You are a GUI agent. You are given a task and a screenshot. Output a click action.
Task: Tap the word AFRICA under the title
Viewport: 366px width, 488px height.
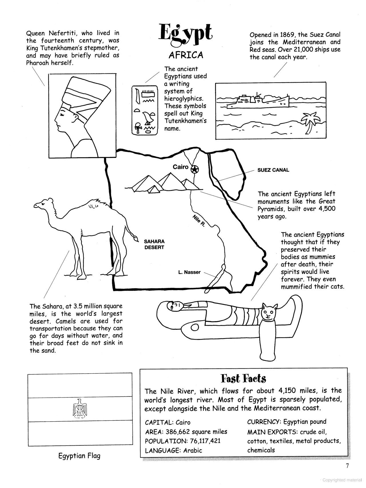click(186, 55)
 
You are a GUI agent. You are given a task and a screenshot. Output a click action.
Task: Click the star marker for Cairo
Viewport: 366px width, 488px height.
click(195, 169)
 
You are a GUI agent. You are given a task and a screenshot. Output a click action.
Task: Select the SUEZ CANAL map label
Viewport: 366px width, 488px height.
click(273, 170)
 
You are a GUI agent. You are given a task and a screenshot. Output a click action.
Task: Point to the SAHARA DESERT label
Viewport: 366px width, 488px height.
click(154, 244)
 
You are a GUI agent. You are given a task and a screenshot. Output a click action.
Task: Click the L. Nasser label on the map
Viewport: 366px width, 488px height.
click(189, 272)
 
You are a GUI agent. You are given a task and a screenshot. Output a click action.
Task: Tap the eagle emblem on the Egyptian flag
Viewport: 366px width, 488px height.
click(80, 408)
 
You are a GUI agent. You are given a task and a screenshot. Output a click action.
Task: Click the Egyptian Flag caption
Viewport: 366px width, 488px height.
click(79, 456)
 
